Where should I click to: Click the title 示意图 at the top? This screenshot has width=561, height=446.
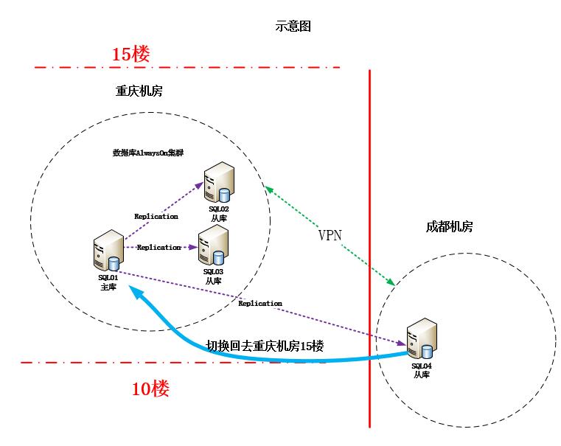point(293,26)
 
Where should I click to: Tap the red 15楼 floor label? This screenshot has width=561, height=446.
point(130,54)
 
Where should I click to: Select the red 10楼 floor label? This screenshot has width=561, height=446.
point(150,389)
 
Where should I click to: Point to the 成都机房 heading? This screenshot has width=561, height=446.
point(449,226)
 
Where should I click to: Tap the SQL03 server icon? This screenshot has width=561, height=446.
point(212,246)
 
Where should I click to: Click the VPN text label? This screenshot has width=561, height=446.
point(330,235)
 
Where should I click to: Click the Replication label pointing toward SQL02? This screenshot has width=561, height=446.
point(156,216)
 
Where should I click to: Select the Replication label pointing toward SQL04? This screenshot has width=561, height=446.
point(260,303)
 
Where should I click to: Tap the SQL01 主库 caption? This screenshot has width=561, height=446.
point(108,282)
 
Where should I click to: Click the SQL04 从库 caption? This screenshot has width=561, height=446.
point(422,371)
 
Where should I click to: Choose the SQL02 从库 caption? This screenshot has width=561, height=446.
point(219,215)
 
